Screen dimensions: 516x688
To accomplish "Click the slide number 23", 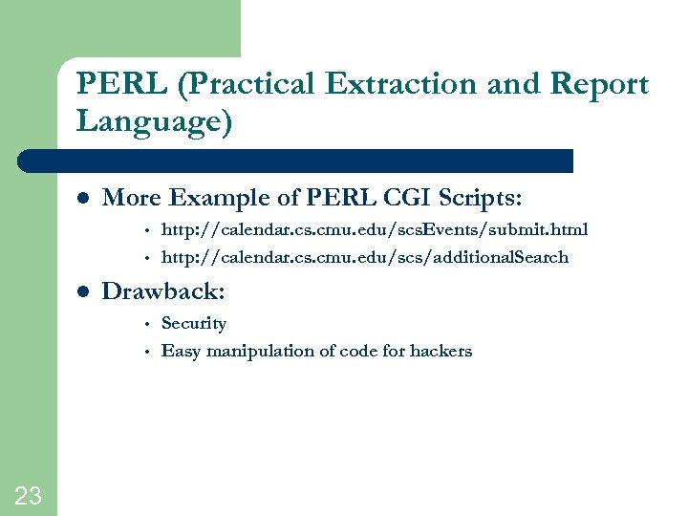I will point(28,495).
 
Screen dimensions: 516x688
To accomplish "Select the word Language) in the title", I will point(154,122).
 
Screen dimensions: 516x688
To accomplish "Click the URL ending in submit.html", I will point(375,229).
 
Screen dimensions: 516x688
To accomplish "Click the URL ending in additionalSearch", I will point(365,257).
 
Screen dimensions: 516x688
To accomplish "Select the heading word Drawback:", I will point(163,291).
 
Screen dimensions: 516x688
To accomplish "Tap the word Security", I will point(194,323).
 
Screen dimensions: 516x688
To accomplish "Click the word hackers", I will point(441,351).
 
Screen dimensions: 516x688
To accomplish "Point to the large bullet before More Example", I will point(83,199).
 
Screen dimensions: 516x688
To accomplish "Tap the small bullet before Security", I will point(148,324).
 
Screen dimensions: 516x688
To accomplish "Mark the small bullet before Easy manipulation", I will point(148,352).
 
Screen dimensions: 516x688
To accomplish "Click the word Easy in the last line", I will point(179,352).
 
